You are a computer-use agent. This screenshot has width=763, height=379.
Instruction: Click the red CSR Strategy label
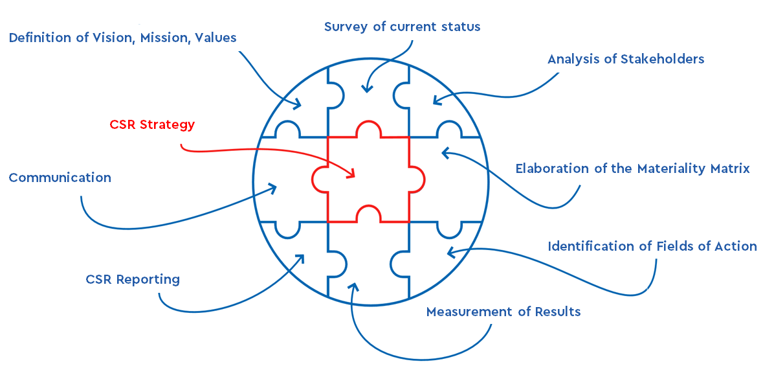click(152, 124)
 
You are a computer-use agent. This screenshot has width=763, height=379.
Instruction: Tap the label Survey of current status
click(402, 27)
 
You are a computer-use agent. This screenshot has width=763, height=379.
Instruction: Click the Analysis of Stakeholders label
click(625, 59)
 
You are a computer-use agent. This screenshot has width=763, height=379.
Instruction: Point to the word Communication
click(60, 178)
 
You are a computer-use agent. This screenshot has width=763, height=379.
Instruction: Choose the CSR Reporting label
click(133, 279)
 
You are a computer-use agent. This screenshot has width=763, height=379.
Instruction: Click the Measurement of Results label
click(503, 312)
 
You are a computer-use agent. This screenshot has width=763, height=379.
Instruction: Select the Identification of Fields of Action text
click(652, 246)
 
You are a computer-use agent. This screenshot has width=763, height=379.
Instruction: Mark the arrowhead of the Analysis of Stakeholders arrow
click(436, 101)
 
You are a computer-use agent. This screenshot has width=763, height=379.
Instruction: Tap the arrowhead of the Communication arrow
click(273, 187)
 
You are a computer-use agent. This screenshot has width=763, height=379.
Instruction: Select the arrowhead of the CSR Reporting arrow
click(301, 257)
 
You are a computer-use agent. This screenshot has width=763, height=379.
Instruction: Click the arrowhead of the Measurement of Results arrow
click(353, 286)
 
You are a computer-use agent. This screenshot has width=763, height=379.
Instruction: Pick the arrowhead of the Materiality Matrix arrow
click(445, 152)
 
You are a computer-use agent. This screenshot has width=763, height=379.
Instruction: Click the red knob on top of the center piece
click(368, 128)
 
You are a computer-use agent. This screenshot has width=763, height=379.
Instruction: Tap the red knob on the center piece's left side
click(318, 179)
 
